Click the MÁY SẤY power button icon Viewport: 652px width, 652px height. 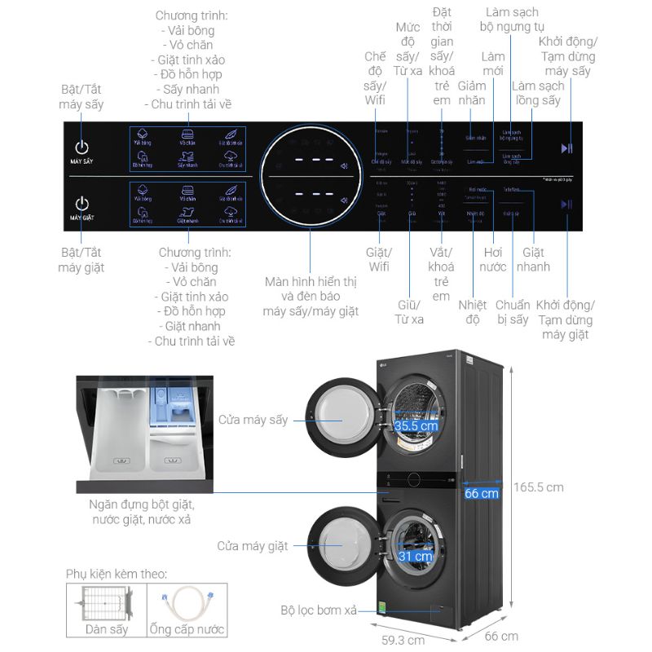click(x=81, y=148)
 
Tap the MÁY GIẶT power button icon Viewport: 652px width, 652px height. click(x=81, y=203)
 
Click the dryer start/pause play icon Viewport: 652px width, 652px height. click(x=566, y=148)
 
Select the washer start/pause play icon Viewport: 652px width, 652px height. click(x=566, y=204)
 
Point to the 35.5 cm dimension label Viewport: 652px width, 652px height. click(x=416, y=425)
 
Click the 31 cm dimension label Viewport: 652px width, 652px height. click(x=416, y=557)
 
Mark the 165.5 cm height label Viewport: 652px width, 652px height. click(x=538, y=487)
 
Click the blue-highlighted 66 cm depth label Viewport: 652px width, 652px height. click(x=482, y=493)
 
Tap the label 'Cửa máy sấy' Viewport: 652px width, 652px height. click(x=253, y=420)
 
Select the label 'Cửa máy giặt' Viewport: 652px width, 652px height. click(x=253, y=546)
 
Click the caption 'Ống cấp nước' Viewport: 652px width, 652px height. click(x=187, y=629)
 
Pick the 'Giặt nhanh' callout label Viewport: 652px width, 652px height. click(x=536, y=259)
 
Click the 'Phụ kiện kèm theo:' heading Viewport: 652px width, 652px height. click(x=117, y=574)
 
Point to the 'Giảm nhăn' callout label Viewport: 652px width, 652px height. click(x=472, y=94)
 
